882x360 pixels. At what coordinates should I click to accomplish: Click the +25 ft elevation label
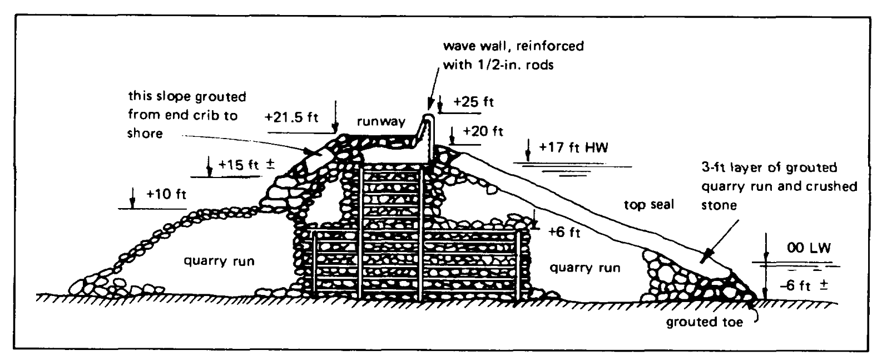(x=473, y=102)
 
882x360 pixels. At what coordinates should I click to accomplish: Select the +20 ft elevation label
(x=483, y=131)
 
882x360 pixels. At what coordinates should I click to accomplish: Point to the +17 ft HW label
(x=573, y=149)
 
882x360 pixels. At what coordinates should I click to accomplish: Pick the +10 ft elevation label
(x=166, y=195)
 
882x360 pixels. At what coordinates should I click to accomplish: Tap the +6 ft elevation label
(x=564, y=232)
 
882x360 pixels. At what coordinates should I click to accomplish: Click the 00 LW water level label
(x=809, y=248)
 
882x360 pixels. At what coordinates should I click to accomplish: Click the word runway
(x=381, y=122)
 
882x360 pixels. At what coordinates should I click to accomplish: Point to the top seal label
(x=648, y=205)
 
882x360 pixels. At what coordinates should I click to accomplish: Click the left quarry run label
(x=220, y=260)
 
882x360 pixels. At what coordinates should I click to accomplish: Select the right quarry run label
(x=584, y=268)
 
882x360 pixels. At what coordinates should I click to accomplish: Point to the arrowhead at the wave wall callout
(x=430, y=106)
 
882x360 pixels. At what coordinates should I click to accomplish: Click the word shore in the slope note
(x=145, y=133)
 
